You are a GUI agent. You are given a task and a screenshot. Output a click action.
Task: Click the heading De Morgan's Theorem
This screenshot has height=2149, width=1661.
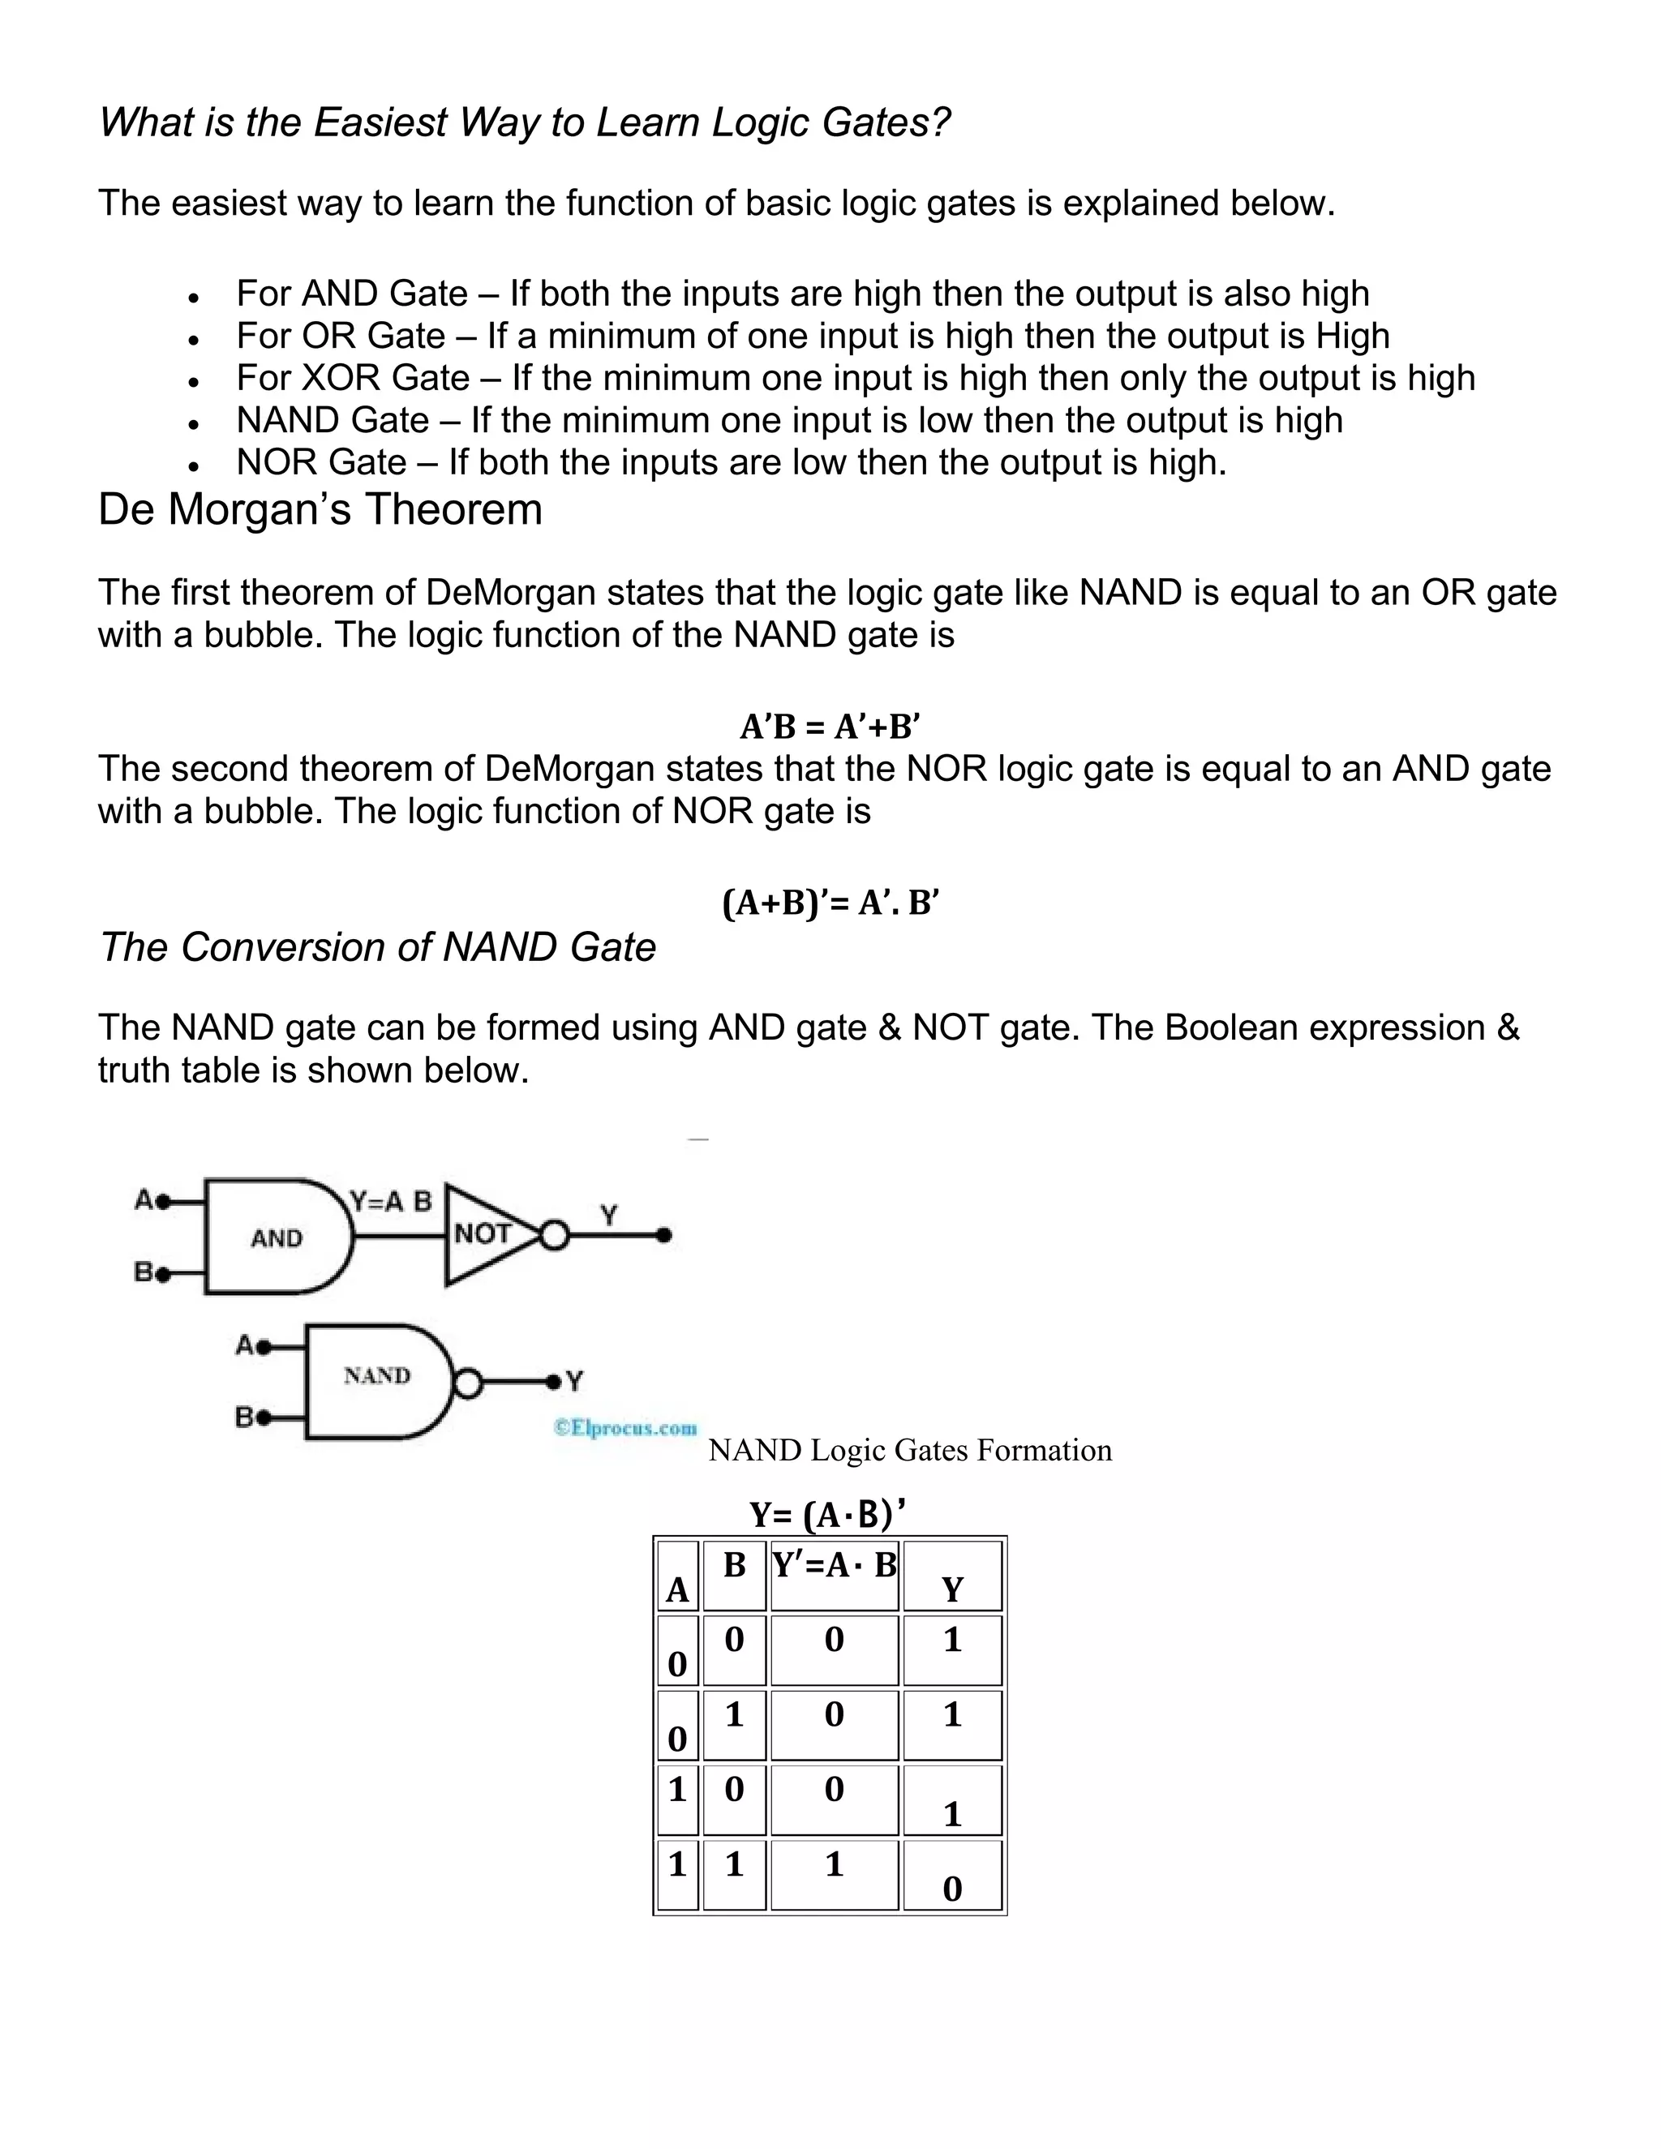coord(320,510)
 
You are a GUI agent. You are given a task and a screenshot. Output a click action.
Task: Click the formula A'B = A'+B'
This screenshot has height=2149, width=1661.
coord(830,727)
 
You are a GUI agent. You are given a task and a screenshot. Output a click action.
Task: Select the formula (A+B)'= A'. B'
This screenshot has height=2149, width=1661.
coord(830,903)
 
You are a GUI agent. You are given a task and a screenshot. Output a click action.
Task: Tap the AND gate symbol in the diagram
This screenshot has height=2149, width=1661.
coord(277,1237)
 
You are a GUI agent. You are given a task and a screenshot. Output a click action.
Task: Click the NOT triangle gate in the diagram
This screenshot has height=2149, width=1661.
coord(487,1234)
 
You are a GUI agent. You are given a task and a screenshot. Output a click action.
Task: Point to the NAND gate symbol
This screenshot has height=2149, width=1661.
coord(379,1375)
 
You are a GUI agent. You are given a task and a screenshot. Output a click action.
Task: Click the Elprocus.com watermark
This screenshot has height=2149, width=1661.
coord(626,1428)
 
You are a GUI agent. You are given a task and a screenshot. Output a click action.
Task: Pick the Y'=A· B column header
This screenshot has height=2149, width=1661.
coord(835,1565)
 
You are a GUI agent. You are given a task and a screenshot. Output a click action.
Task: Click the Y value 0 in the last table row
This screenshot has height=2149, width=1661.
coord(951,1888)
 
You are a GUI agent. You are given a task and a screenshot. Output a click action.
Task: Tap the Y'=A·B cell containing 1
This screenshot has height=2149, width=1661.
coord(834,1864)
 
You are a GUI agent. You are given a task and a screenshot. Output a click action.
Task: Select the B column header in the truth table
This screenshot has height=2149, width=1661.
coord(734,1565)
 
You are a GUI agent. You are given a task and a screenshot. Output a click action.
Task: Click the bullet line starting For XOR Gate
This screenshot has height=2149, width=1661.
coord(854,378)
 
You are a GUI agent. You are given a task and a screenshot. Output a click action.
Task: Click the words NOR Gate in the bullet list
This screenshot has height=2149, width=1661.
coord(321,462)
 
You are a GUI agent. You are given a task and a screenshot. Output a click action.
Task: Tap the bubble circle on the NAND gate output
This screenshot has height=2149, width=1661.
coord(469,1384)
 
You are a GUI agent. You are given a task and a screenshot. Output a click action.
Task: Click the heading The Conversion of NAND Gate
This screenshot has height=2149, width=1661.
coord(378,947)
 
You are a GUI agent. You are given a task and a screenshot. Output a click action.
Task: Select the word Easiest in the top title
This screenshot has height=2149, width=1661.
coord(379,123)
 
